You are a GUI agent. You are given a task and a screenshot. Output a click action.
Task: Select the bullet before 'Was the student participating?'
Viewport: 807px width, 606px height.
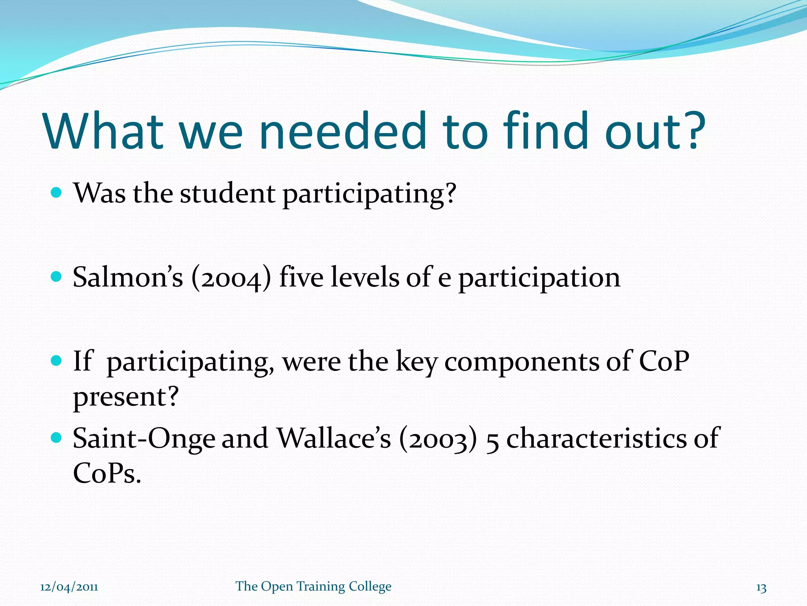(x=57, y=193)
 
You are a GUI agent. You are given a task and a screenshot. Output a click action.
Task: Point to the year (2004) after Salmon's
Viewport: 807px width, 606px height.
(x=231, y=278)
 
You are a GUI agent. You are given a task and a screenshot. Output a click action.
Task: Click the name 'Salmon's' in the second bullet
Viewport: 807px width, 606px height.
(x=128, y=277)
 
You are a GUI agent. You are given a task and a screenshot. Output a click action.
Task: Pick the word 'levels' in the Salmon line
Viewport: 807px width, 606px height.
(x=364, y=277)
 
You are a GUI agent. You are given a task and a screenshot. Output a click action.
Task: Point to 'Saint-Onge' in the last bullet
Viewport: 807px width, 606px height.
(x=144, y=439)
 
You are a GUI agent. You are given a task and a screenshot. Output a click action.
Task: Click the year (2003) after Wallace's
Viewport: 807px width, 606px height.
(x=438, y=440)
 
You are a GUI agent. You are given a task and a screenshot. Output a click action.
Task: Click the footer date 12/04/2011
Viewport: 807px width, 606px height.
(x=69, y=587)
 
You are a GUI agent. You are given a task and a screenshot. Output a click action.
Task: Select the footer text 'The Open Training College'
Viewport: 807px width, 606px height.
(x=313, y=587)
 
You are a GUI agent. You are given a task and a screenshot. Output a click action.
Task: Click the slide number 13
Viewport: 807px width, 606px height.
(x=761, y=588)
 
